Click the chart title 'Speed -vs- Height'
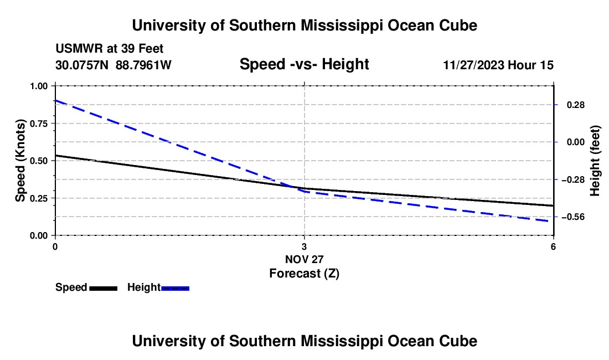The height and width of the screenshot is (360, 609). [x=304, y=64]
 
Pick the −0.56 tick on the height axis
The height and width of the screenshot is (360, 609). [x=573, y=217]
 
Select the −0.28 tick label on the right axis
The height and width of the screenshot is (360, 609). [x=573, y=179]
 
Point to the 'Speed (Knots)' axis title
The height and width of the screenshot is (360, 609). [x=20, y=161]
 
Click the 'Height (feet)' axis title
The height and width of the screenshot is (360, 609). [x=596, y=161]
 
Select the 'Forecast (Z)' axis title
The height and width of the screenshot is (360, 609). [x=304, y=273]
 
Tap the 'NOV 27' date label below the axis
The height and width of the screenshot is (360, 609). [x=304, y=259]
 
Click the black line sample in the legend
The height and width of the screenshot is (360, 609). [x=103, y=288]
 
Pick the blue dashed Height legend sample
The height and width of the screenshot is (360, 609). [x=175, y=288]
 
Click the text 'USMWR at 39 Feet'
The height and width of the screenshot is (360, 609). [x=109, y=49]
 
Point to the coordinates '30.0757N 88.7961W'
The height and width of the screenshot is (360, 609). [x=113, y=65]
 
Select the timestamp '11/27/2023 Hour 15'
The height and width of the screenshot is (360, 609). [x=498, y=65]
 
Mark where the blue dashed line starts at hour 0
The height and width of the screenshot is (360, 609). [x=55, y=101]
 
